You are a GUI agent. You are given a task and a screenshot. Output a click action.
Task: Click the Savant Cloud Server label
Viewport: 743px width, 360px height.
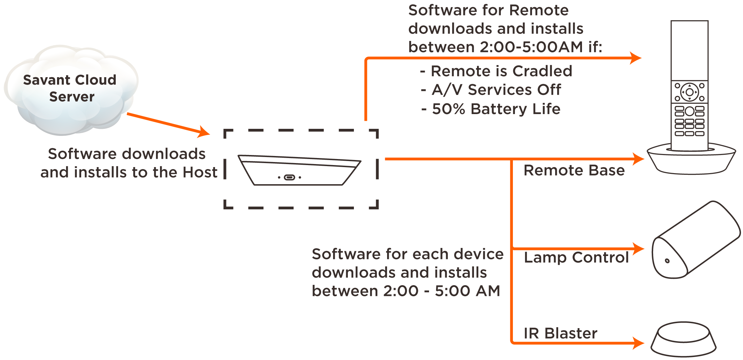point(70,88)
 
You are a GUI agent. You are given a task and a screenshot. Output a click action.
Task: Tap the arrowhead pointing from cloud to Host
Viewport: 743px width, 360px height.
point(204,132)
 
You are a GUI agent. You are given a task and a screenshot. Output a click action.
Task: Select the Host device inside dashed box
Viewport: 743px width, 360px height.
point(299,170)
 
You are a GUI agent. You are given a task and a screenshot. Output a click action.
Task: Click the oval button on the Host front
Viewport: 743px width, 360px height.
point(289,177)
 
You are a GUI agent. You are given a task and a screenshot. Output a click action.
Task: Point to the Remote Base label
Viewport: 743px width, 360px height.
point(574,170)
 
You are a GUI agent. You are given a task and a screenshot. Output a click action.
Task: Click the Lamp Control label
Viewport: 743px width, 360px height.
point(576,257)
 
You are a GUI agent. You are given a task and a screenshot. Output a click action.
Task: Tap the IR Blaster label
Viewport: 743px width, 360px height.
point(561,333)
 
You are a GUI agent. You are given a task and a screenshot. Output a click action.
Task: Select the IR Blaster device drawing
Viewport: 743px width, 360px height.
point(683,340)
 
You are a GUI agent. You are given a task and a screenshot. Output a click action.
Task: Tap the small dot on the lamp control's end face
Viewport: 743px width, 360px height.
point(667,261)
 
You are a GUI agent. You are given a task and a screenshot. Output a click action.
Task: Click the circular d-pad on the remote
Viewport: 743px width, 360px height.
point(689,92)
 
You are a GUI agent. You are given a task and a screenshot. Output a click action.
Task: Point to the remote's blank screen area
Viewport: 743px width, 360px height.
point(689,50)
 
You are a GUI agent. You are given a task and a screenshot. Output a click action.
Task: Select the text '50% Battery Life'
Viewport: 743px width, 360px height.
point(496,109)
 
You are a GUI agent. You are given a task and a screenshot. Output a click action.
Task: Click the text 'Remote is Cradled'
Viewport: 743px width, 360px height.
point(501,71)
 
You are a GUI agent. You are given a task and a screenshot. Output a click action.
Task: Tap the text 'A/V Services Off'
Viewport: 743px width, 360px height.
point(496,90)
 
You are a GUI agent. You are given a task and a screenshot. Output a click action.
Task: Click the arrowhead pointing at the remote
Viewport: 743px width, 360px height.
point(636,58)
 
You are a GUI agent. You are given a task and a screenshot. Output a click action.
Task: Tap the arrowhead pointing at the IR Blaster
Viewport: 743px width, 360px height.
point(638,343)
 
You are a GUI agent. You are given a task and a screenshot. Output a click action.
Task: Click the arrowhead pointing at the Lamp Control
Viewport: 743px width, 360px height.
point(638,249)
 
